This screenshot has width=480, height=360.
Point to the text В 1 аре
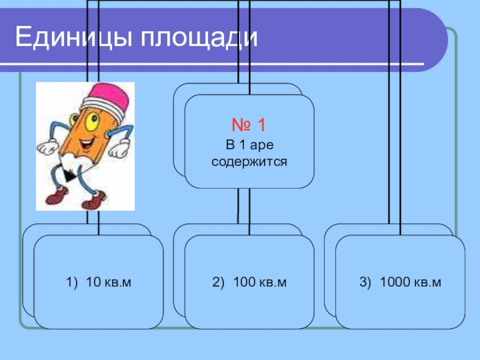pos(249,146)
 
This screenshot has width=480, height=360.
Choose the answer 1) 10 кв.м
pos(99,282)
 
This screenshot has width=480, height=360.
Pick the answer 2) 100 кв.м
pos(249,282)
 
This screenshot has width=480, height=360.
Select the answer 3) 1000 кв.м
pos(400,282)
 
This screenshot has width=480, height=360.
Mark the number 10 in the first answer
pos(92,282)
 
